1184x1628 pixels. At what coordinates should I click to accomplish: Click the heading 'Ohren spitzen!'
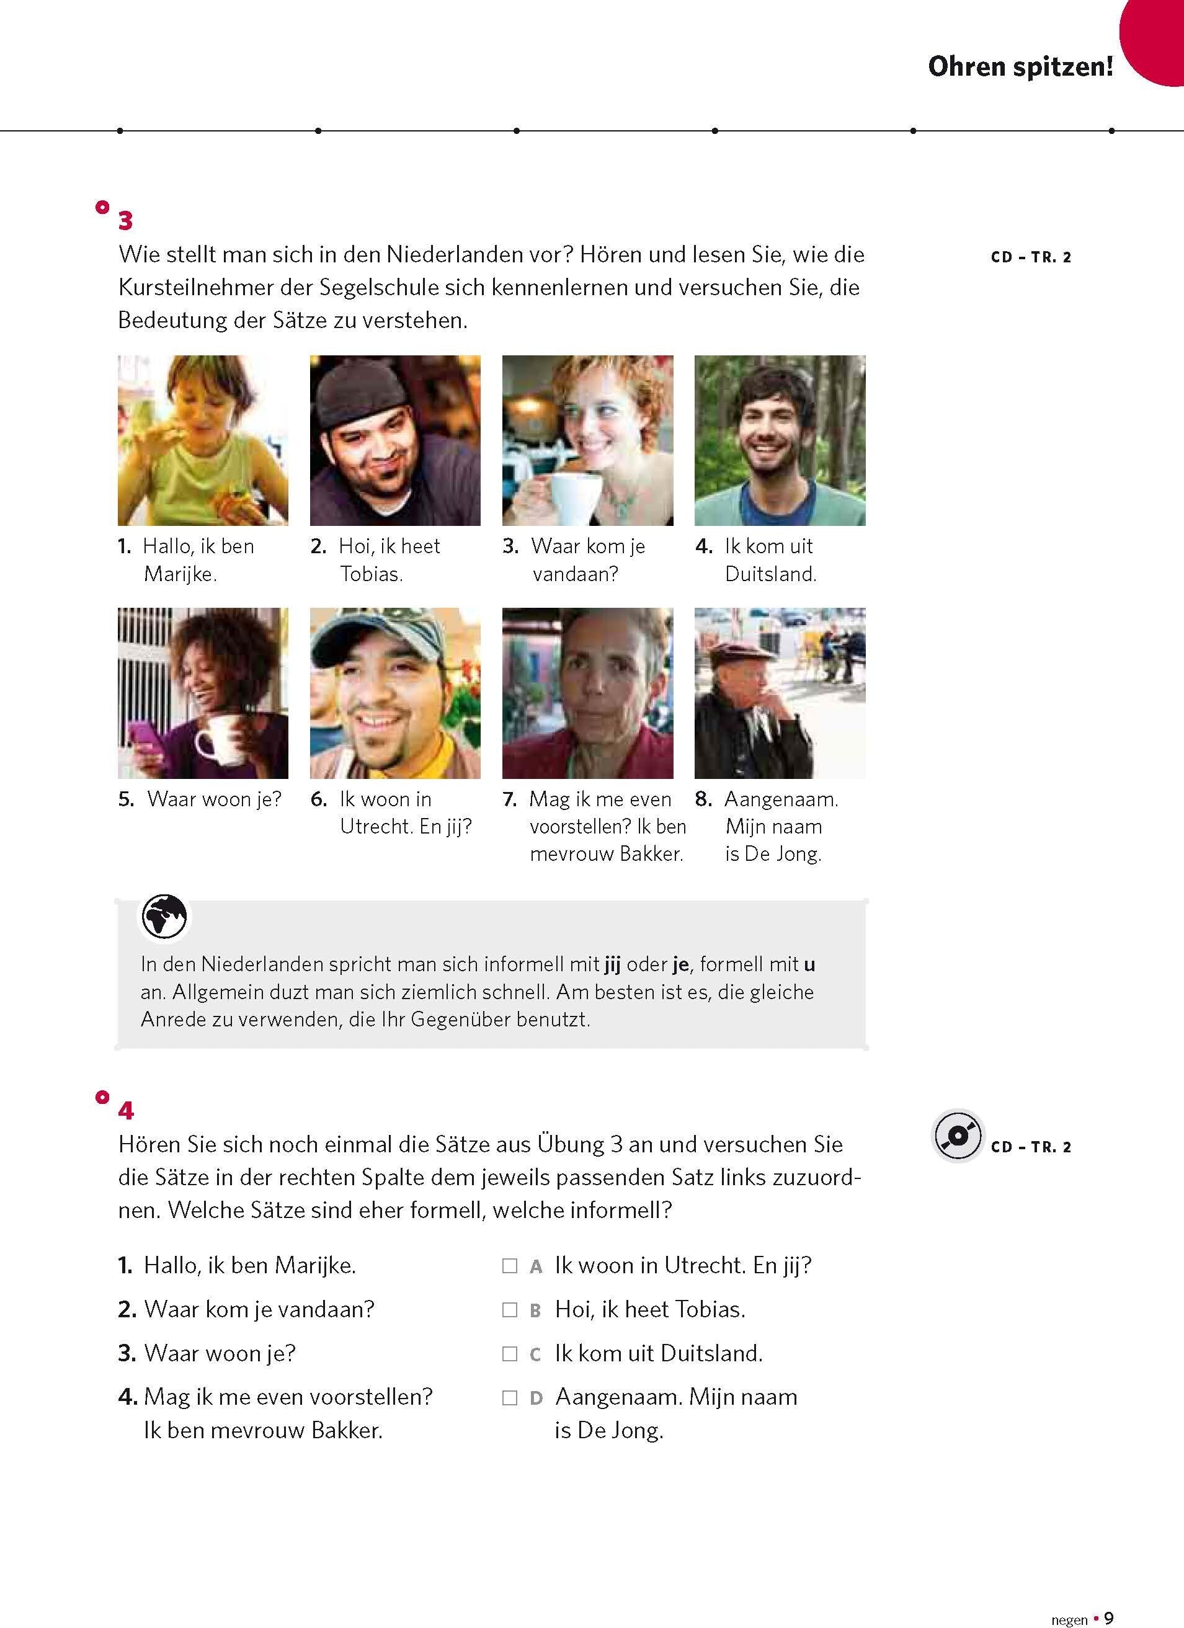click(x=1020, y=67)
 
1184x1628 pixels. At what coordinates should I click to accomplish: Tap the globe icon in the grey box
click(x=164, y=917)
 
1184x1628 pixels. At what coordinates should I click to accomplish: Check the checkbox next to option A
click(x=510, y=1266)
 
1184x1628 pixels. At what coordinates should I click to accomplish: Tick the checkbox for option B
click(x=510, y=1310)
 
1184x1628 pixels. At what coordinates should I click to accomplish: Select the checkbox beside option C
click(x=510, y=1354)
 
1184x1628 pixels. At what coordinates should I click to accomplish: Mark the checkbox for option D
click(x=510, y=1397)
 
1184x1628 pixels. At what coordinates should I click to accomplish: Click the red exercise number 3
click(x=126, y=220)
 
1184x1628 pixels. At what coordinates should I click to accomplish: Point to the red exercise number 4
click(x=126, y=1111)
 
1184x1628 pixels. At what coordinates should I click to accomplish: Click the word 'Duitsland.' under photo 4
click(x=770, y=574)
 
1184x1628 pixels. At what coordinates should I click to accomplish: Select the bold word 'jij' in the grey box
click(x=612, y=964)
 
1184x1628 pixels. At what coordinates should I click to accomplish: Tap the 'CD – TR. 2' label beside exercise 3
click(x=1030, y=257)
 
